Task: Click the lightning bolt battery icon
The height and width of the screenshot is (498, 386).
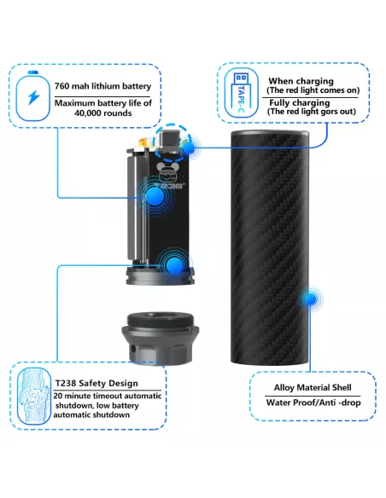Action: click(x=33, y=96)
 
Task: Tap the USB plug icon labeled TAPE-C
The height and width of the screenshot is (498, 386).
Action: click(x=242, y=93)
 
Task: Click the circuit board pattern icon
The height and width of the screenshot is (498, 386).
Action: click(x=34, y=396)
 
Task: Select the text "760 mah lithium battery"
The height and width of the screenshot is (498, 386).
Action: click(x=102, y=86)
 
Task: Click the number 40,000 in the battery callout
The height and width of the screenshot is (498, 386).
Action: click(x=89, y=113)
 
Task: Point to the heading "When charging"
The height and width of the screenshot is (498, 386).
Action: click(x=301, y=81)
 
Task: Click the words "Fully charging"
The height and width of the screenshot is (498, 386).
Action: click(x=299, y=102)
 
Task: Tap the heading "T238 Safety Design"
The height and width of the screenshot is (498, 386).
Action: click(x=96, y=383)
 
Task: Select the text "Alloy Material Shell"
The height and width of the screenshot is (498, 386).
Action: click(x=313, y=387)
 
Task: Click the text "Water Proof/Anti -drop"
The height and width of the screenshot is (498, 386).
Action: click(x=313, y=402)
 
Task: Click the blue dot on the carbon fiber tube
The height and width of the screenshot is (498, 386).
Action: click(x=310, y=298)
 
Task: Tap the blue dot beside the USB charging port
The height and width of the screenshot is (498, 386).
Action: click(x=189, y=148)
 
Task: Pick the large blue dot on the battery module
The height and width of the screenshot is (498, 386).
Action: click(x=155, y=197)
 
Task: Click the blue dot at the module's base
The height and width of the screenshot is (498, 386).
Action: click(x=174, y=266)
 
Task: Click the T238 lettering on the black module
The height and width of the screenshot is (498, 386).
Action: click(x=169, y=186)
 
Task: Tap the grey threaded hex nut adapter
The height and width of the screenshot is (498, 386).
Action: click(x=160, y=338)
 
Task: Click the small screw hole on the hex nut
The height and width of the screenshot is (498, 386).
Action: click(x=133, y=349)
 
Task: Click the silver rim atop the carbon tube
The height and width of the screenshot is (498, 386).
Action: click(x=270, y=133)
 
